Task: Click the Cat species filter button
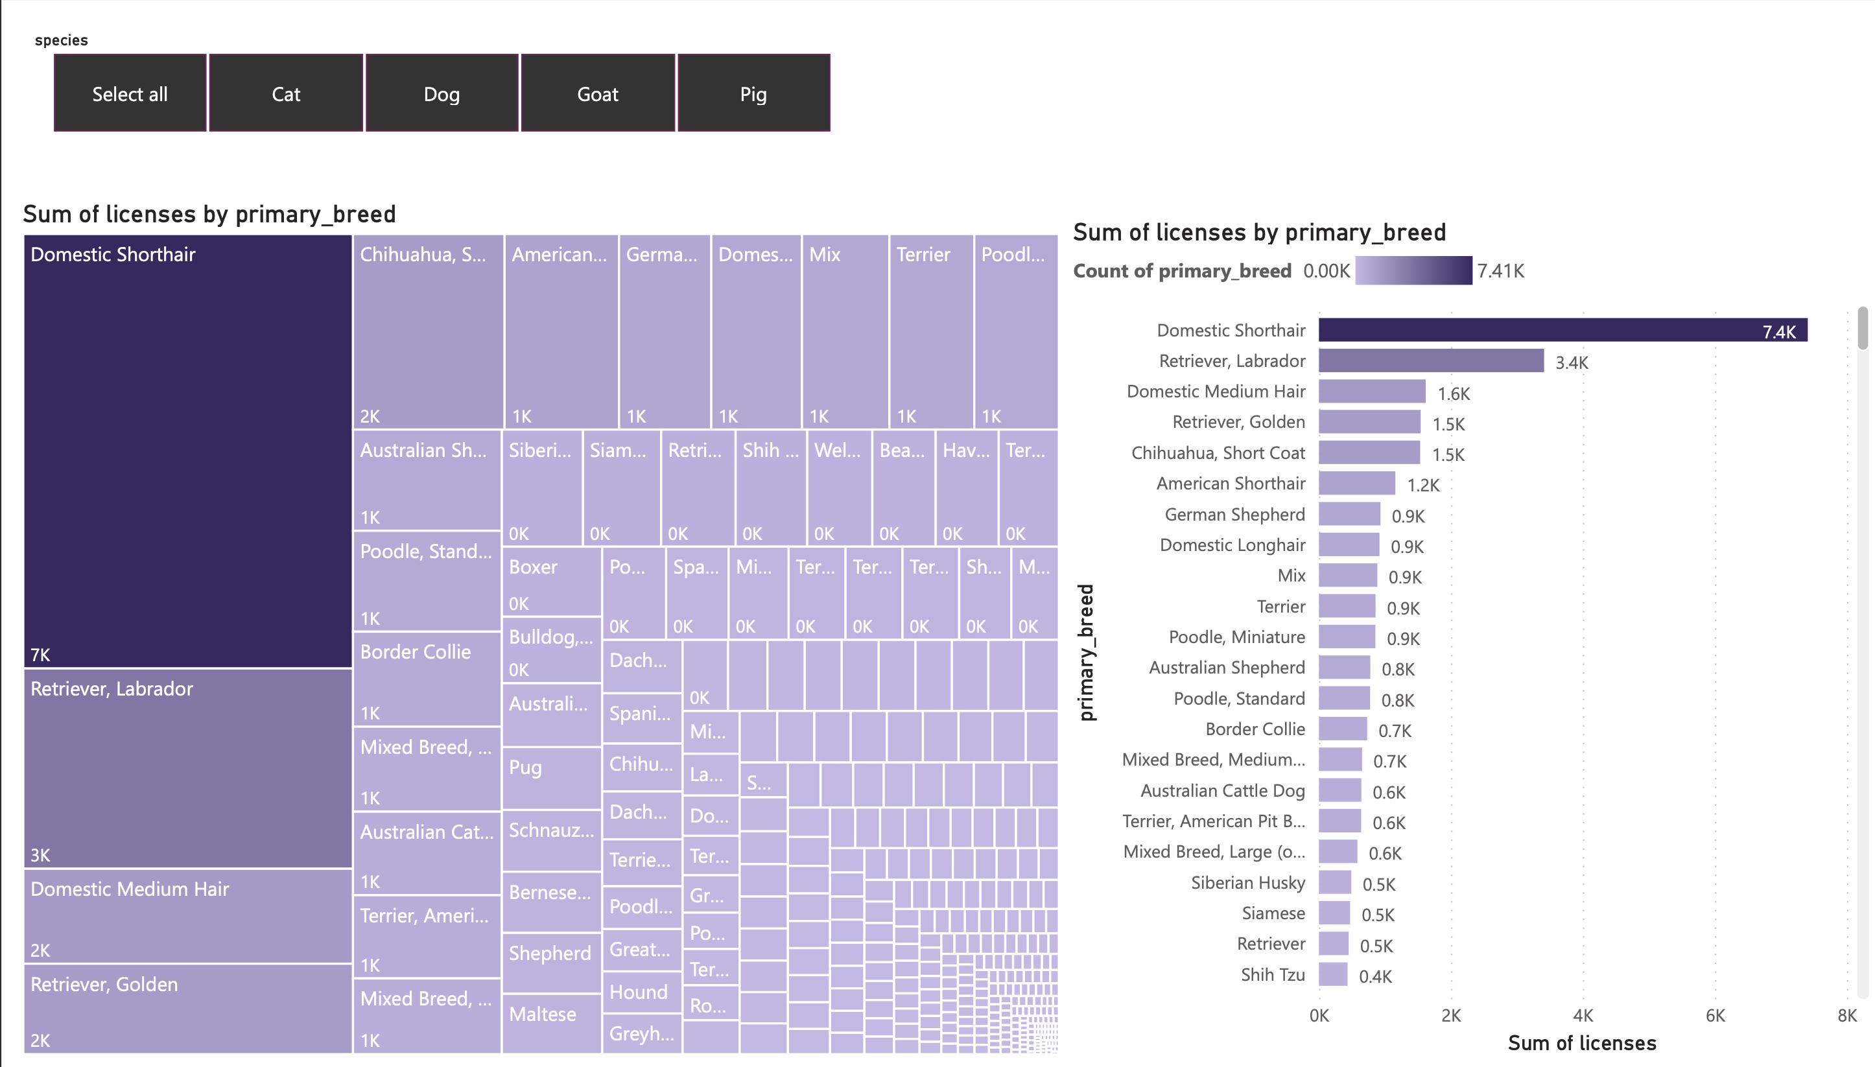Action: coord(286,94)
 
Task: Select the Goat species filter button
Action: coord(597,94)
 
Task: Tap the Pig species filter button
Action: coord(753,94)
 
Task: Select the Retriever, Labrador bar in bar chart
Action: coord(1430,360)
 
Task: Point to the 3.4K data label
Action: coord(1571,363)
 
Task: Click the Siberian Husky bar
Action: coord(1334,882)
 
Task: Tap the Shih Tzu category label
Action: coord(1272,975)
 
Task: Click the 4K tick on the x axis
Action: coord(1583,1016)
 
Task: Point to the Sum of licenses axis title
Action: coord(1581,1043)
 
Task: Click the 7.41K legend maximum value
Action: coord(1500,271)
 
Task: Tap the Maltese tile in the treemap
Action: coord(551,1022)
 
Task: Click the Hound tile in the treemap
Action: coord(641,993)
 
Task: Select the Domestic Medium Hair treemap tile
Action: coord(187,916)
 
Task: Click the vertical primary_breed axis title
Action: coord(1086,652)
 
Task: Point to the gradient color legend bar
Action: coord(1413,270)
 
